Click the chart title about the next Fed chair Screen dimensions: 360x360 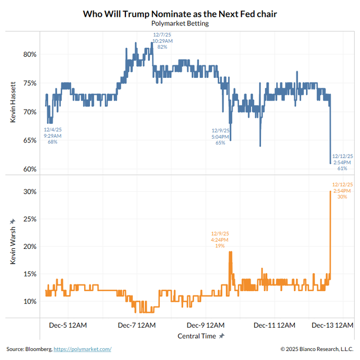(x=180, y=13)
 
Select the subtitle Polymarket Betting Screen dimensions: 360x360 (x=180, y=23)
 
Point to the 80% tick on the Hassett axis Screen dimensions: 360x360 (x=29, y=54)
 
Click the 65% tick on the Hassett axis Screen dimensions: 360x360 (x=29, y=140)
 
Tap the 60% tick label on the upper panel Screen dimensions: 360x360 (x=29, y=169)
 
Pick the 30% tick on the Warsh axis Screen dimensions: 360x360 (x=29, y=191)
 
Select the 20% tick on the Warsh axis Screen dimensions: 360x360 (x=29, y=246)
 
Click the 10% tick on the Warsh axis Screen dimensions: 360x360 (x=29, y=301)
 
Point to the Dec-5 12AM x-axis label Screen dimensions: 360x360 (x=69, y=325)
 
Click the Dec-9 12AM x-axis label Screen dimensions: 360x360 (x=206, y=325)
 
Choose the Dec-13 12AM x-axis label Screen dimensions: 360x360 (x=332, y=325)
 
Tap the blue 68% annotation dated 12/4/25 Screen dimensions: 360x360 (x=52, y=136)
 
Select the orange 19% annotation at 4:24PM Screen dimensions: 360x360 (x=220, y=239)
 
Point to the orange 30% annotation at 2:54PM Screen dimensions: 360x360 (x=343, y=190)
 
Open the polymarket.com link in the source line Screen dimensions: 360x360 (x=83, y=349)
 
